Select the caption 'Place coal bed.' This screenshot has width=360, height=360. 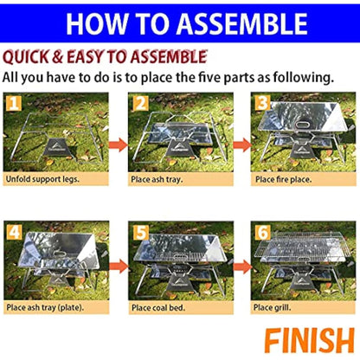pyautogui.click(x=165, y=307)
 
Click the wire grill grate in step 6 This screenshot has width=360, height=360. pyautogui.click(x=303, y=251)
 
